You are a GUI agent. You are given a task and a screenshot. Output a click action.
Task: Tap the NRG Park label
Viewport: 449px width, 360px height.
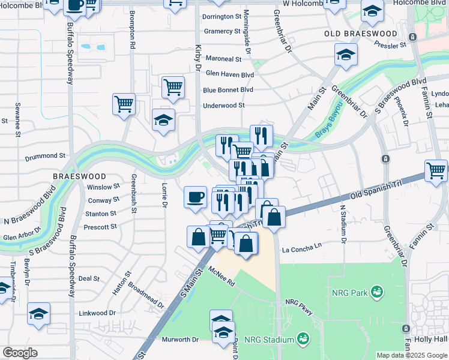coord(351,293)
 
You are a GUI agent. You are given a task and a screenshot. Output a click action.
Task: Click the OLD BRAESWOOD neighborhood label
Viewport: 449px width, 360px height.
coord(361,34)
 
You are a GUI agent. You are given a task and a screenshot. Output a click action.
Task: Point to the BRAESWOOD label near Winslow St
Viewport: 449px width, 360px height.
coord(79,176)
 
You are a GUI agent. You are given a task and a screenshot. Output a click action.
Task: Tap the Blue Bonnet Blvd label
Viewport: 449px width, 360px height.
coord(228,90)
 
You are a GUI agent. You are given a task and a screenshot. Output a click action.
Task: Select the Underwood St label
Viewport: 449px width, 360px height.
coord(224,105)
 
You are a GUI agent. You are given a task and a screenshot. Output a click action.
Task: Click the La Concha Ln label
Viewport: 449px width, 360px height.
coord(302,247)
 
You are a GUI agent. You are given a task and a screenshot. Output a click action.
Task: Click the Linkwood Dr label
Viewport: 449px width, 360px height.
coord(97,313)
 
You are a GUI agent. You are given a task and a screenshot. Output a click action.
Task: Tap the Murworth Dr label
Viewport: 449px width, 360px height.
coord(180,340)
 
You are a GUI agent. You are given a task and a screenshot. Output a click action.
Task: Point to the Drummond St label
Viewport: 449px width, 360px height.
coord(44,158)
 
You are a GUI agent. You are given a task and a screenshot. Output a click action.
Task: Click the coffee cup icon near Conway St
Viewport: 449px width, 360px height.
coord(195,196)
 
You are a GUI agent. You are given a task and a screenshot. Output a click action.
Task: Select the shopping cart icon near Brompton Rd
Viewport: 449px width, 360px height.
coord(124,103)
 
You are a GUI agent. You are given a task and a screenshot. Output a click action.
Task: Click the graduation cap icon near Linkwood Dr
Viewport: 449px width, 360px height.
coord(38,313)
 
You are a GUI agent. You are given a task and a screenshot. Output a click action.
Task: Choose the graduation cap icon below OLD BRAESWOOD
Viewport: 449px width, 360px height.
coord(346,55)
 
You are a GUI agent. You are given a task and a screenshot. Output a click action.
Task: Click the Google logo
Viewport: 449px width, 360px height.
coord(20,353)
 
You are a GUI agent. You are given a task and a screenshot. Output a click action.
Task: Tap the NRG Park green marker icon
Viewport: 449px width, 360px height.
coord(378,292)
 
